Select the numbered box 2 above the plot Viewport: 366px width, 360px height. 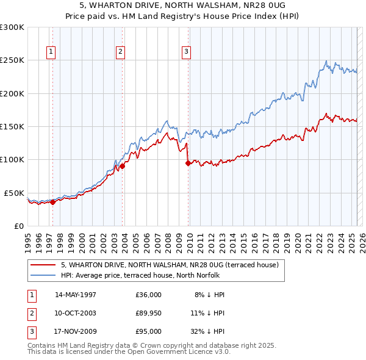click(x=121, y=52)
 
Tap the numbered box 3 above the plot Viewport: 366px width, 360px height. click(x=186, y=52)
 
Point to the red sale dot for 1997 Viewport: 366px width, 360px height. click(x=52, y=203)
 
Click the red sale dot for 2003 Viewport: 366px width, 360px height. click(x=122, y=165)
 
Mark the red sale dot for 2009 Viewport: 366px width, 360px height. click(x=188, y=163)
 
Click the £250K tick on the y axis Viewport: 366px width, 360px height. click(x=12, y=60)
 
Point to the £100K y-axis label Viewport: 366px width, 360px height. click(x=12, y=160)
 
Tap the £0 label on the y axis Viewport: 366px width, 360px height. click(x=18, y=226)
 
